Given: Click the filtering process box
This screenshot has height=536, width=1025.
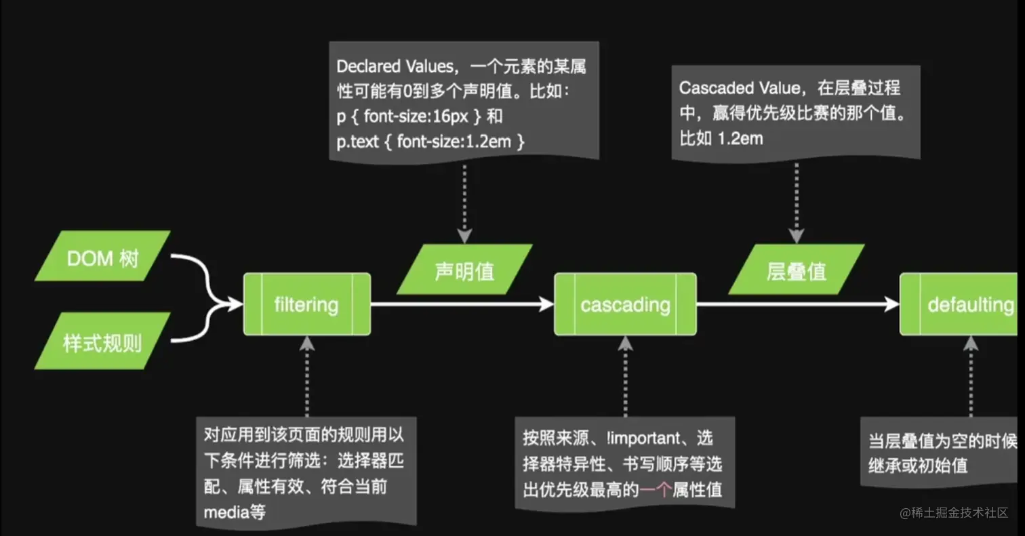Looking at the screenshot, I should [306, 304].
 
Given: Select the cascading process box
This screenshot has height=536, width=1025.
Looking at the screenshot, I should [625, 304].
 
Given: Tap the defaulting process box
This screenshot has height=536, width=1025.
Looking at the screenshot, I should [961, 304].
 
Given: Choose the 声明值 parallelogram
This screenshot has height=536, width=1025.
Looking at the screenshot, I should [465, 270].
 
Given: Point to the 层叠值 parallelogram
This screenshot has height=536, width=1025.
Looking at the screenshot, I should [797, 270].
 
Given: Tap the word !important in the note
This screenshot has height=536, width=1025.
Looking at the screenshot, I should [641, 438].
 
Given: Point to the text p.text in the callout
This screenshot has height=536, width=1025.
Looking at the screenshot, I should [356, 142].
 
